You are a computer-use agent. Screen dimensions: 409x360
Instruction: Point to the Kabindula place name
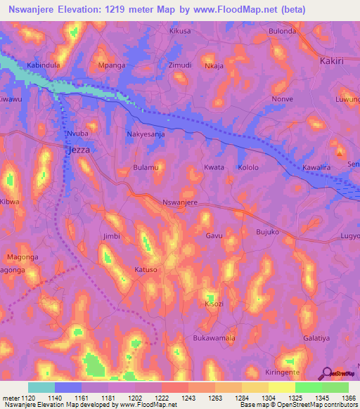click(x=43, y=65)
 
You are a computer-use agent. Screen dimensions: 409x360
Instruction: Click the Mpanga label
click(x=112, y=65)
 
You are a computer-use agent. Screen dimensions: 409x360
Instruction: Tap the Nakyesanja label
click(x=146, y=134)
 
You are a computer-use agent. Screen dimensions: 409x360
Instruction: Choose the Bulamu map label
click(x=146, y=168)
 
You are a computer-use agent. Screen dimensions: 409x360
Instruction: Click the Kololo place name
click(x=248, y=168)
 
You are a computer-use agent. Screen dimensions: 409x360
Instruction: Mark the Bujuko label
click(x=267, y=231)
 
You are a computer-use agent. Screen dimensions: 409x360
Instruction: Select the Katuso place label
click(x=146, y=270)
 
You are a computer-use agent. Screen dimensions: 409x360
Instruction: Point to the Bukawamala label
click(x=214, y=338)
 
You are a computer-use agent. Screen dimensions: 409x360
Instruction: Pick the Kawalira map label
click(x=316, y=168)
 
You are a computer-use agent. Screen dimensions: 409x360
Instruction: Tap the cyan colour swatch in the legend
click(x=41, y=387)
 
